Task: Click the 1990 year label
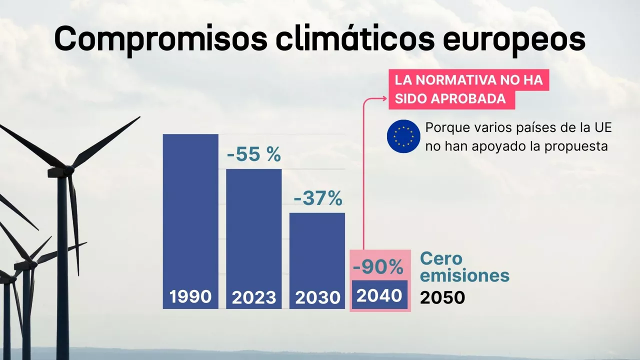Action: click(x=190, y=297)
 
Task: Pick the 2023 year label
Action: click(x=254, y=298)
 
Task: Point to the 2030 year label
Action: click(x=317, y=298)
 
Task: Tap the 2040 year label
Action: click(x=379, y=295)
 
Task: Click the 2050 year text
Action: click(x=442, y=298)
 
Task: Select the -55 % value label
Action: click(x=254, y=155)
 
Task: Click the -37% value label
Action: click(x=318, y=198)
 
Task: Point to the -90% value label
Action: click(x=378, y=268)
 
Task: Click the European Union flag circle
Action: click(x=403, y=136)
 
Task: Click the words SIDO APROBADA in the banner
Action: click(x=450, y=99)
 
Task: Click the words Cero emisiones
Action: click(x=464, y=267)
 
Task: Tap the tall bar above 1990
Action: click(x=190, y=210)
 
